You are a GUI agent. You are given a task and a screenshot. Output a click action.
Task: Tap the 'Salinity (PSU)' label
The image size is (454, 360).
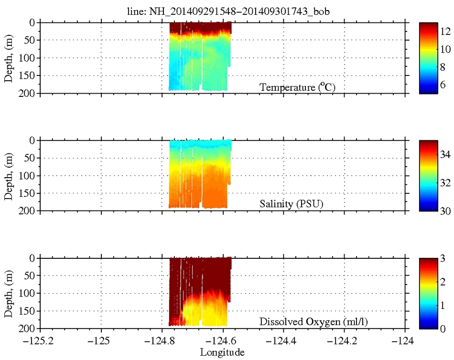(292, 204)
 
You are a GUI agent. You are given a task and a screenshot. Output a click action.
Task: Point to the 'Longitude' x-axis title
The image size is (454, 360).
(222, 353)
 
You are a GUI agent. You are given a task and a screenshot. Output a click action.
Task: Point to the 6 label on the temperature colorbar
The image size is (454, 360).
(443, 85)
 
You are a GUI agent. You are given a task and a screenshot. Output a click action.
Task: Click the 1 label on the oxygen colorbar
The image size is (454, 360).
(443, 305)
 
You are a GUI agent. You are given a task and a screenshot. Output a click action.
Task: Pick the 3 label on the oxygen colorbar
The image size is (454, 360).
(443, 258)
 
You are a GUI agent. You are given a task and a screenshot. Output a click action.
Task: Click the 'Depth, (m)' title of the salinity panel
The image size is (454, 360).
(9, 176)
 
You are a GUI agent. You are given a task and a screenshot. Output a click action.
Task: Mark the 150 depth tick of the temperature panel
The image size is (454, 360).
(30, 75)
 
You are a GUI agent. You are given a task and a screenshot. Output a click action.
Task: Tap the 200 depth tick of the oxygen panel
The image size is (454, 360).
(30, 328)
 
